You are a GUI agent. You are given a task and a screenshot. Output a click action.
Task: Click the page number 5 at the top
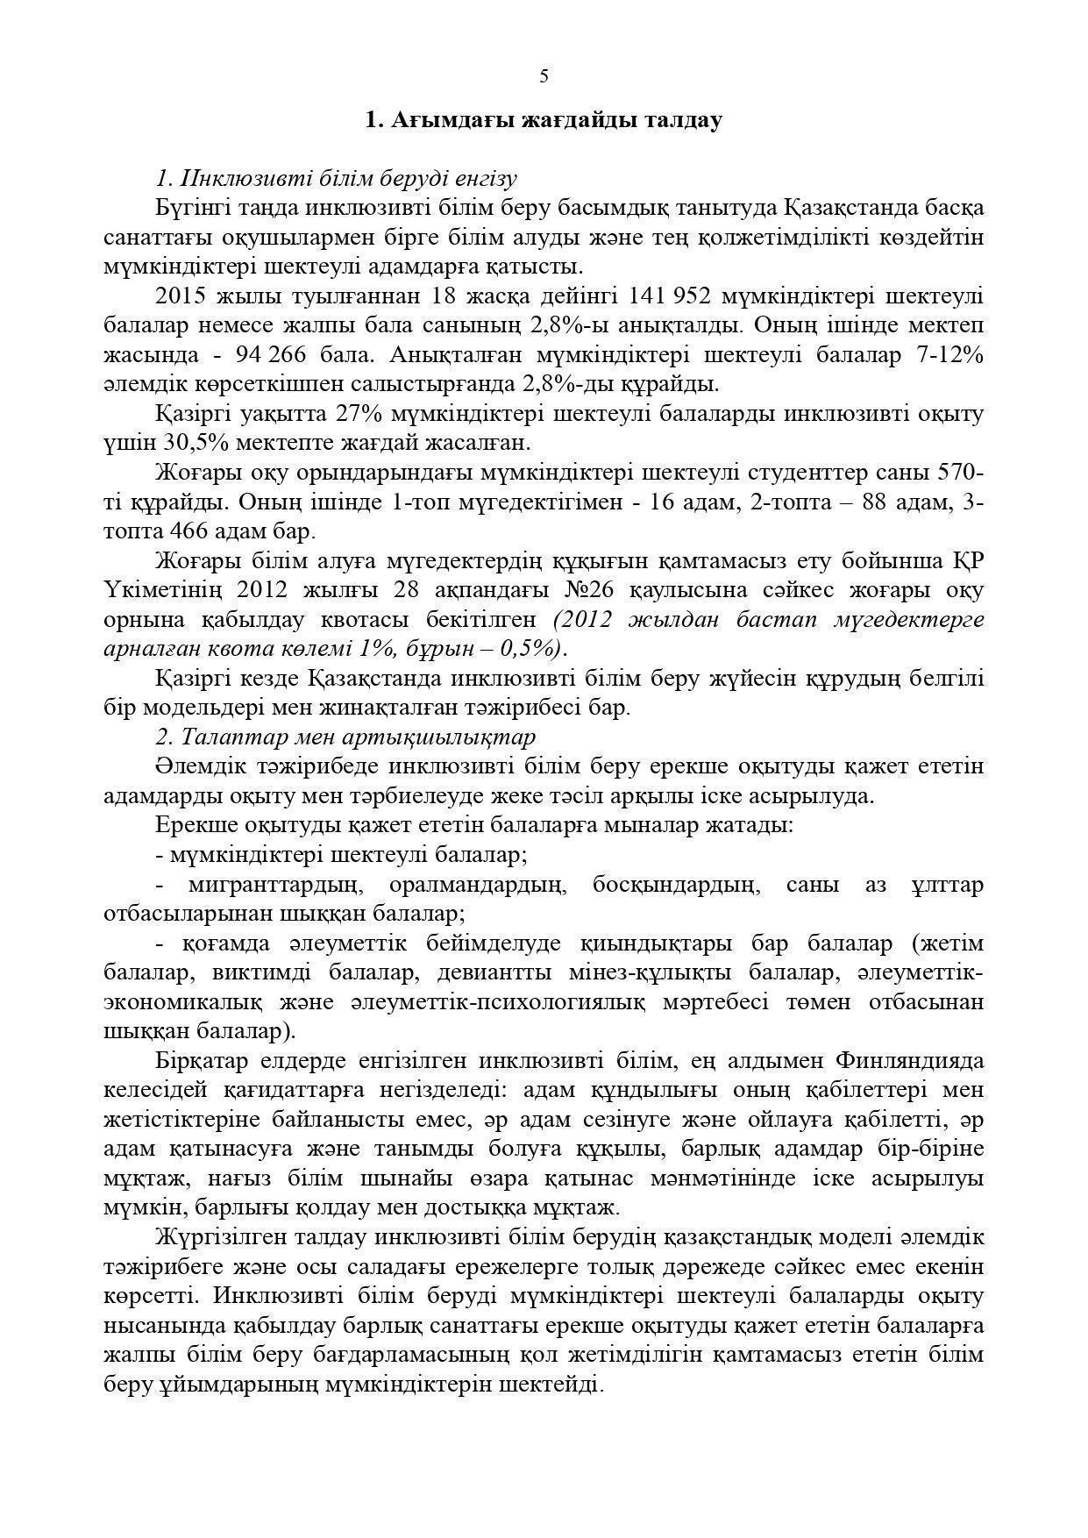click(x=544, y=76)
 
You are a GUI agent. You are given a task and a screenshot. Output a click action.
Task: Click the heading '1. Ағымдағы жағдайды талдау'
click(x=544, y=120)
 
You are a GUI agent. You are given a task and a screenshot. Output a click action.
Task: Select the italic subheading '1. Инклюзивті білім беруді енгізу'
click(x=336, y=179)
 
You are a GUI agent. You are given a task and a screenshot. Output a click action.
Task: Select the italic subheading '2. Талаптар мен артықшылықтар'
click(x=345, y=737)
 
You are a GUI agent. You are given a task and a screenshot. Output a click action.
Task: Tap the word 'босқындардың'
click(x=673, y=884)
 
